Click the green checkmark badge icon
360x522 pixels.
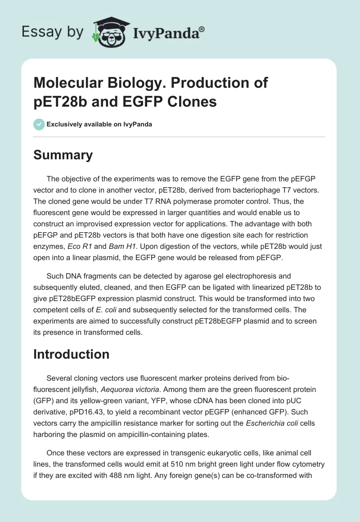click(x=39, y=124)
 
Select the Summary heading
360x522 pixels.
click(x=63, y=155)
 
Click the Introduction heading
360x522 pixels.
click(x=71, y=354)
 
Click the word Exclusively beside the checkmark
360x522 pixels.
click(x=66, y=124)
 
